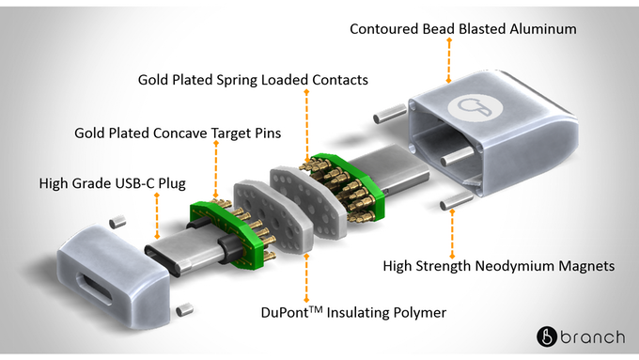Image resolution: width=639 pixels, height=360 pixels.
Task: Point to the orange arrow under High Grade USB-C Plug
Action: coord(156,218)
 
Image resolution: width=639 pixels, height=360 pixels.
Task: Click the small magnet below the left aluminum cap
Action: coord(185,306)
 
